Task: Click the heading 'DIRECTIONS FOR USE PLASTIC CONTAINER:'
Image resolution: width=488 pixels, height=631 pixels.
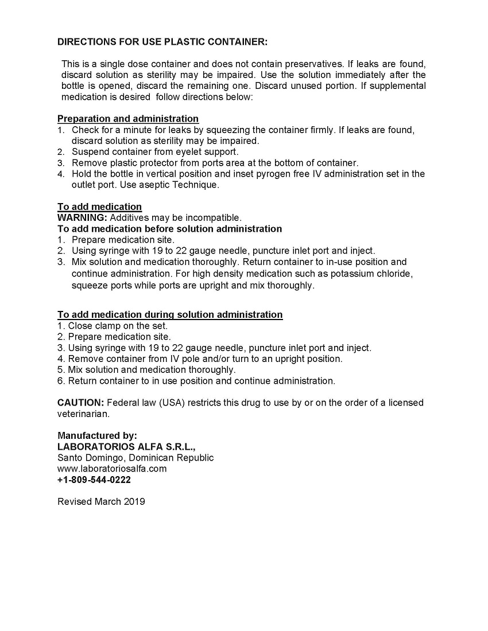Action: [x=162, y=42]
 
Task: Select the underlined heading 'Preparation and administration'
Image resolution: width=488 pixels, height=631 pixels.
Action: [x=128, y=119]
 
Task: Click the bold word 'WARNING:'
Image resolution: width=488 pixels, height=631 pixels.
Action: [x=82, y=217]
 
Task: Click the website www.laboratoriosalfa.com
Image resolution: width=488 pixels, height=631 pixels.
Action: [x=112, y=469]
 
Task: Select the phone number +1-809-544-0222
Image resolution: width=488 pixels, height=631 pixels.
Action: [x=94, y=480]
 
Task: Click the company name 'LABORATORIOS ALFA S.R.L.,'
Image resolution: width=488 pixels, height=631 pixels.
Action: [x=127, y=447]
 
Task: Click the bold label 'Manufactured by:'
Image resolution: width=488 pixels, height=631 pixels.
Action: [x=98, y=435]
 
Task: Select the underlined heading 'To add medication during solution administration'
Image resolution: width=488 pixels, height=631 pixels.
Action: [x=170, y=314]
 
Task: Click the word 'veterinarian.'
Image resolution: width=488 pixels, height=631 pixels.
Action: [x=83, y=414]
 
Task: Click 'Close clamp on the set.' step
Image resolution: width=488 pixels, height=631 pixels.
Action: [x=113, y=326]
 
